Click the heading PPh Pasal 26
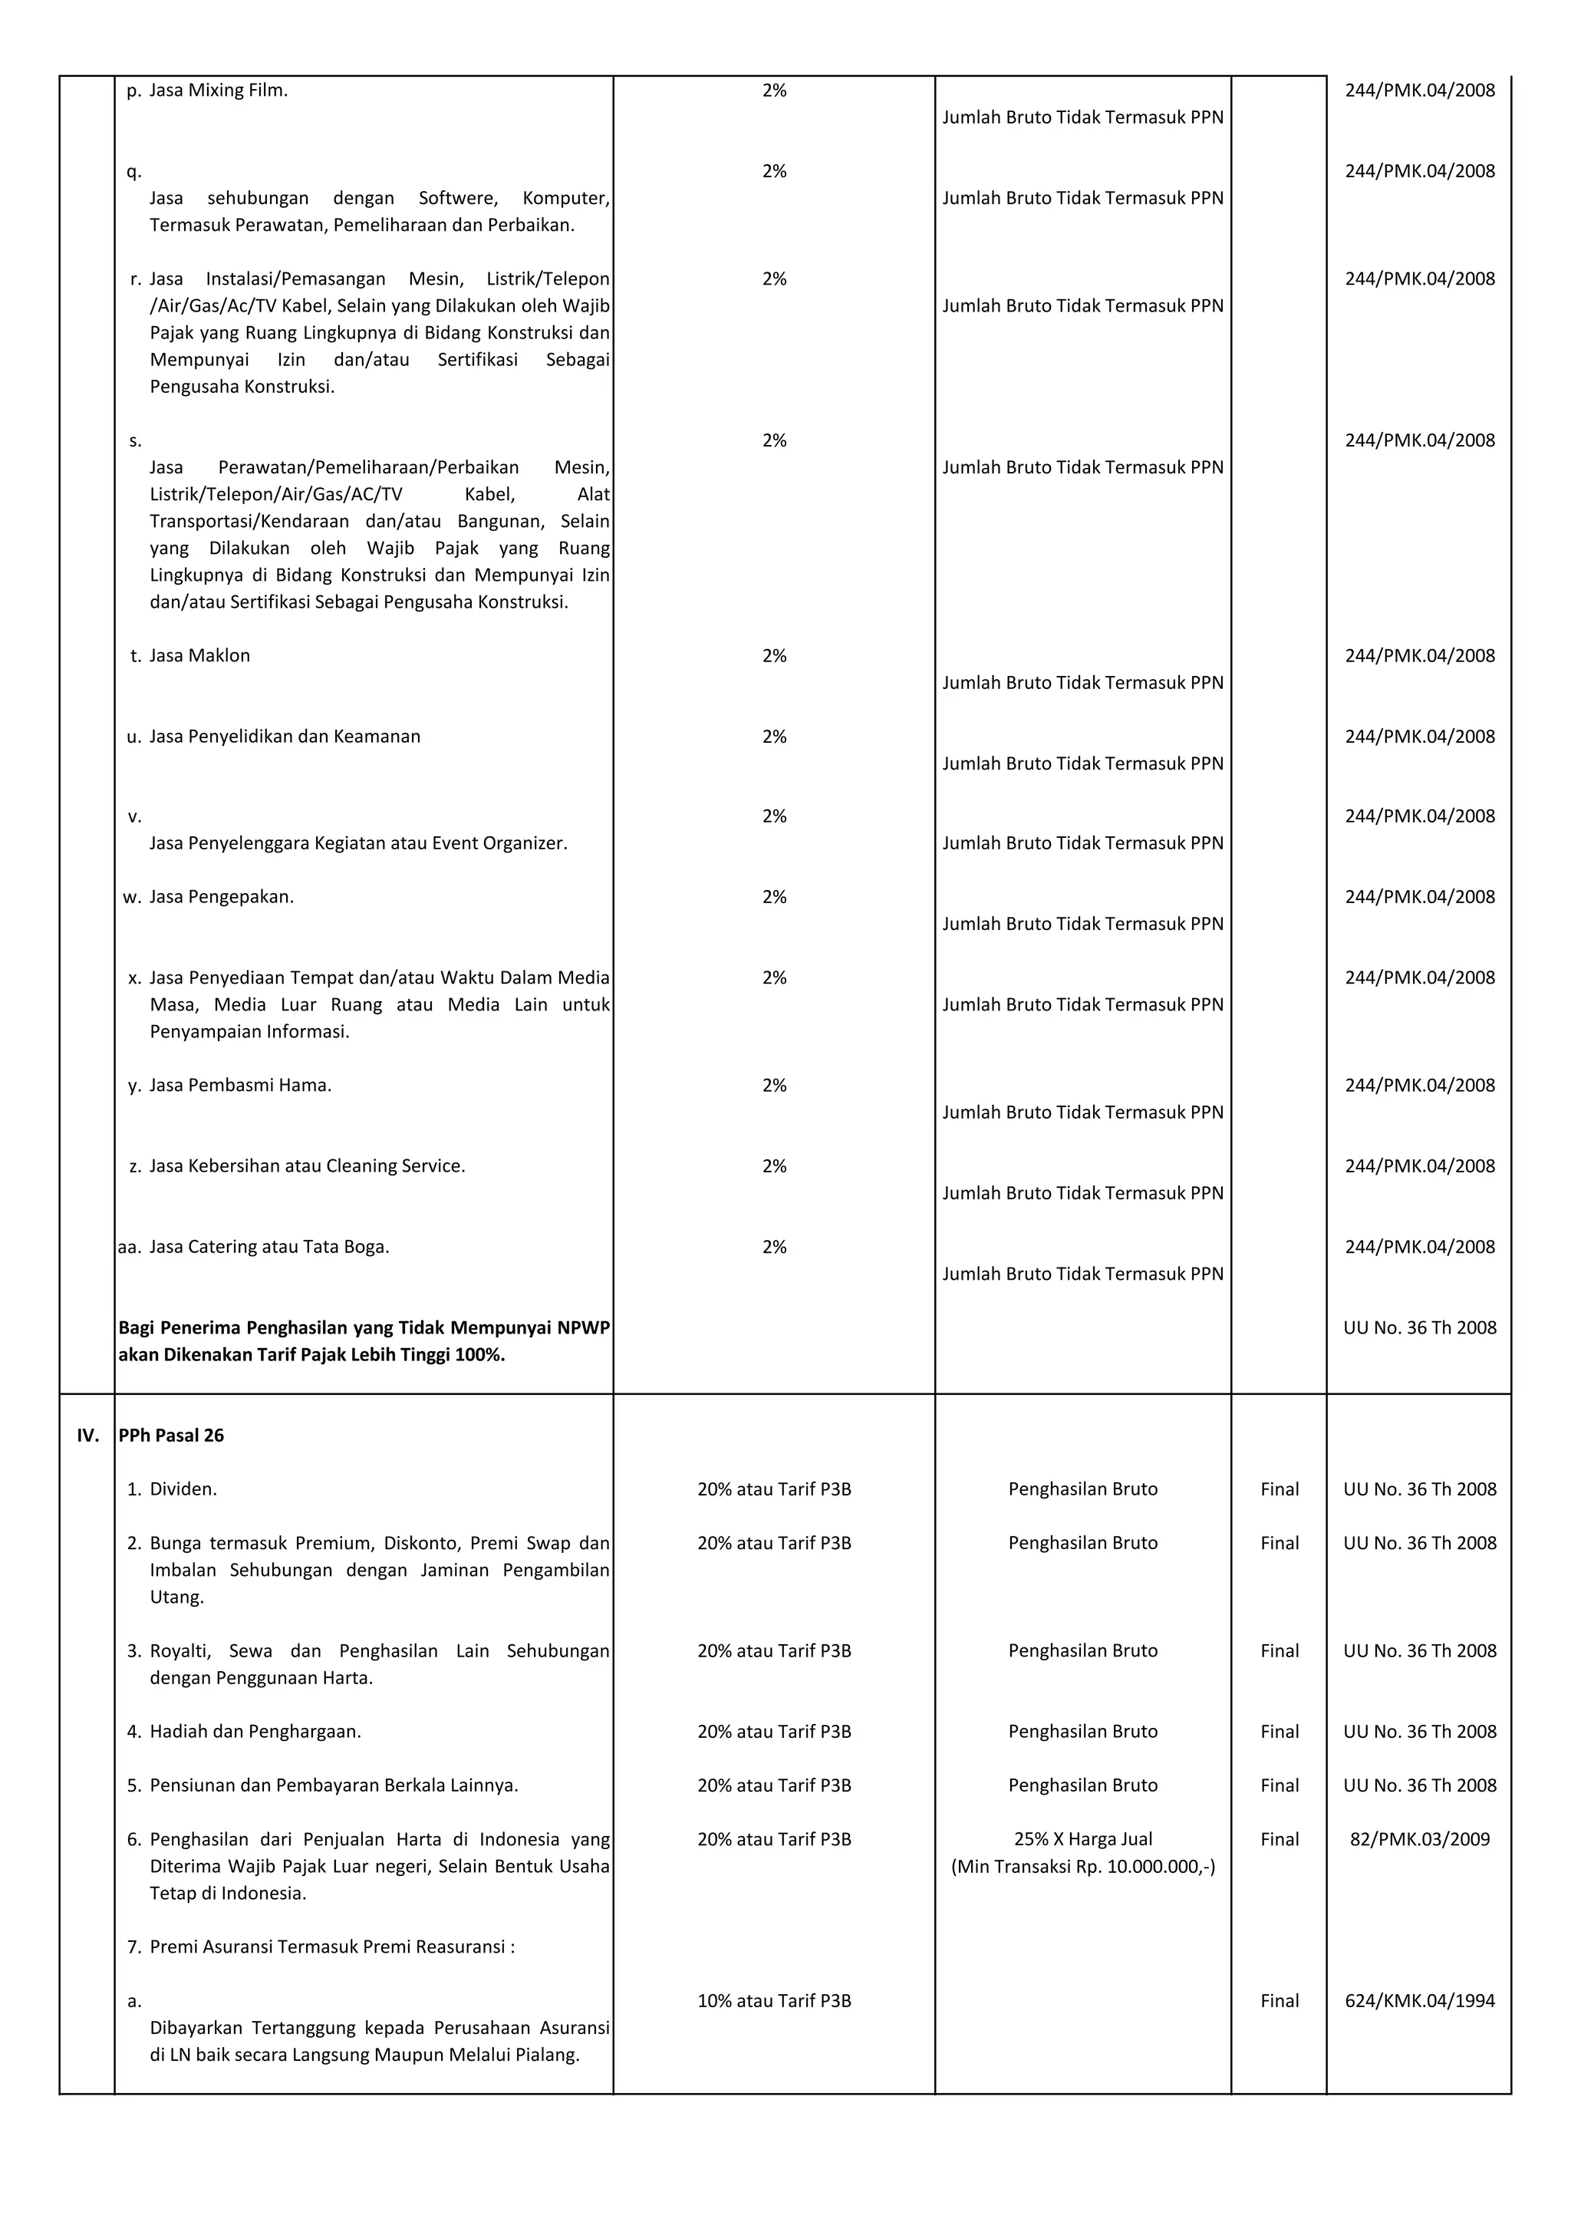pyautogui.click(x=171, y=1436)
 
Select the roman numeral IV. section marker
pyautogui.click(x=88, y=1436)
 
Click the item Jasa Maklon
pyautogui.click(x=200, y=655)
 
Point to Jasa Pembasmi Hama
pyautogui.click(x=241, y=1085)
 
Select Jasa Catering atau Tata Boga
pyautogui.click(x=269, y=1247)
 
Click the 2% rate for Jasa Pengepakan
pyautogui.click(x=774, y=896)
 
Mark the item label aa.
pyautogui.click(x=130, y=1247)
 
